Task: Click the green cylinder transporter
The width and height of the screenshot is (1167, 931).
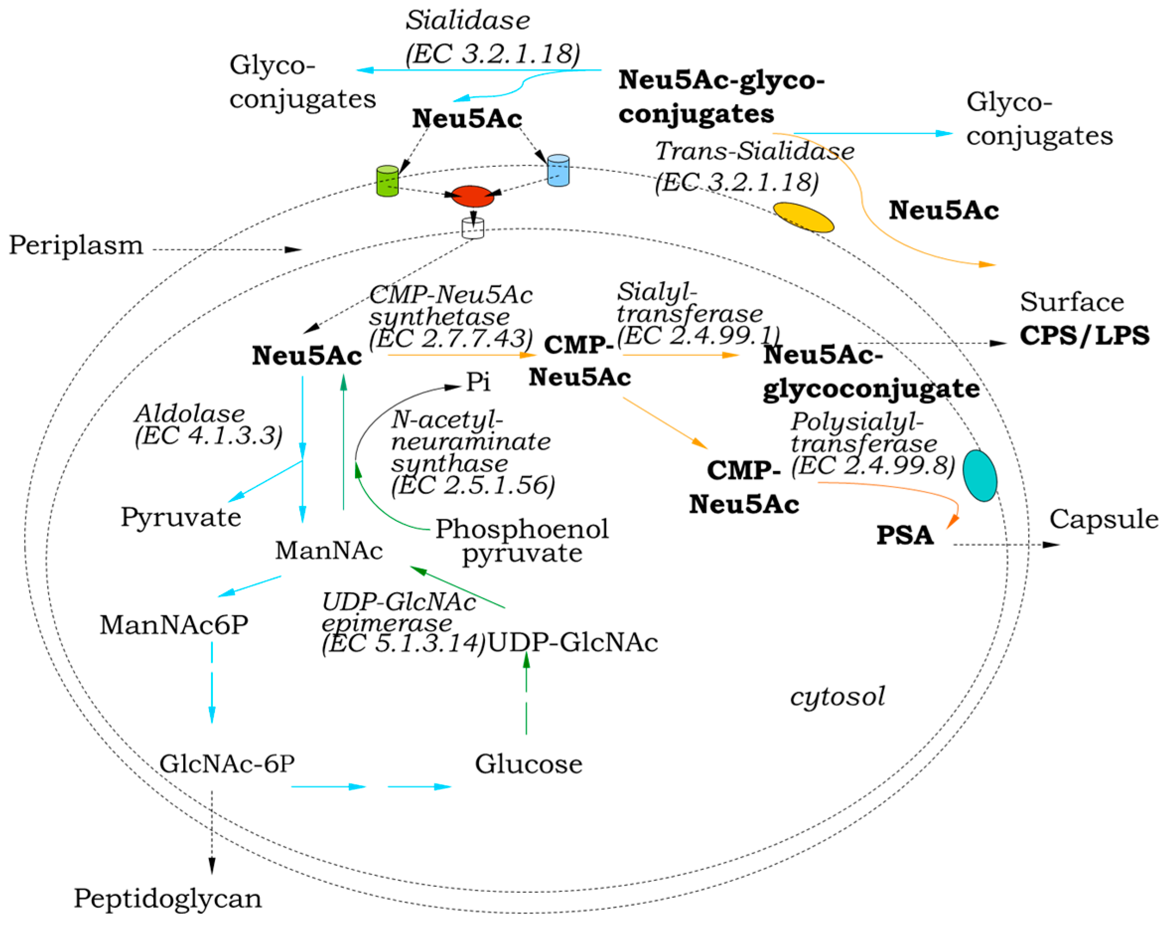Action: click(x=387, y=181)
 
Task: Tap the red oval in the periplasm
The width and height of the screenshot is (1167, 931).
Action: click(x=473, y=196)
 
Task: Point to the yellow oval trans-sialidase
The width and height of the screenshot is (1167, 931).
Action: click(x=803, y=217)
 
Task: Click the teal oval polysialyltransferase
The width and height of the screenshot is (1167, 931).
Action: click(x=979, y=475)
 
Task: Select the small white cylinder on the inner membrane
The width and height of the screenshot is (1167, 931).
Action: click(x=473, y=228)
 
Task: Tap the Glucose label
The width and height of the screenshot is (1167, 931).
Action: click(x=528, y=764)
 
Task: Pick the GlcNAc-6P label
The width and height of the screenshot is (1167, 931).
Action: click(x=227, y=763)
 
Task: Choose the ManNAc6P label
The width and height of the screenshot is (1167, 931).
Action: click(x=174, y=625)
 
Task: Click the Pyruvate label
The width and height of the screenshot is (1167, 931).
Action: click(x=181, y=517)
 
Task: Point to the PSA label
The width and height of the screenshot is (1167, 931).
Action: click(x=905, y=535)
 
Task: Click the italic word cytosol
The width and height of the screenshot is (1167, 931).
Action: click(x=837, y=697)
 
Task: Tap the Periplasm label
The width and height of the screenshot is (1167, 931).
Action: click(x=76, y=245)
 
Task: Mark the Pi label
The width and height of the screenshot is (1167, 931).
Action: click(x=479, y=382)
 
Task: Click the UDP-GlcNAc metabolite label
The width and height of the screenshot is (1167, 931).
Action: click(x=573, y=643)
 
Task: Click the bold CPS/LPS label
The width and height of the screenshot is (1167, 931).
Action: click(x=1085, y=335)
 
